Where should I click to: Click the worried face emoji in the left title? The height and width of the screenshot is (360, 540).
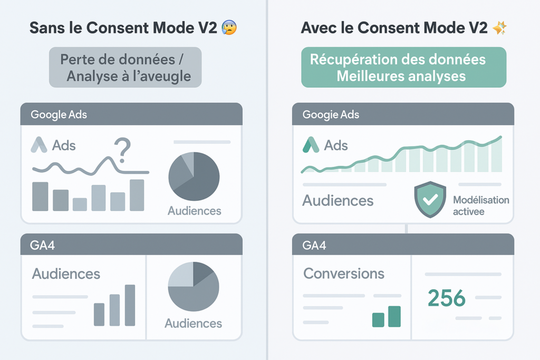click(x=229, y=27)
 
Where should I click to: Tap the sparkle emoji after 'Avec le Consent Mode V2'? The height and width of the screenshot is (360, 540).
click(x=500, y=28)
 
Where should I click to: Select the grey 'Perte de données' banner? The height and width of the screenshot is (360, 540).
click(x=126, y=67)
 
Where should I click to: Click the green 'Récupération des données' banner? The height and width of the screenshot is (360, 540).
click(x=403, y=67)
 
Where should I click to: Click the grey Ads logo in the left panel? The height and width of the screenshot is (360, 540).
click(x=39, y=145)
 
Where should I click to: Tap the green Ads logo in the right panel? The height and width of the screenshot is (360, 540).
click(x=311, y=145)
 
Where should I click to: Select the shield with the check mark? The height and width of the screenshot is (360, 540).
click(x=430, y=199)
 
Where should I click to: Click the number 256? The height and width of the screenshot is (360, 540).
click(x=447, y=298)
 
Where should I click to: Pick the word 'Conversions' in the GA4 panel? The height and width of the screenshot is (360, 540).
click(x=344, y=274)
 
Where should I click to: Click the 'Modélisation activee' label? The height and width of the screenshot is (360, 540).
click(x=481, y=206)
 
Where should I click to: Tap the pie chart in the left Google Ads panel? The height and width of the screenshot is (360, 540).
click(x=194, y=177)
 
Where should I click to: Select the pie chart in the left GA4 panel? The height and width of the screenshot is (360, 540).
click(x=193, y=287)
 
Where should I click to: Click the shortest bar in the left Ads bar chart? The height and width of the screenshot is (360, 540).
click(x=80, y=205)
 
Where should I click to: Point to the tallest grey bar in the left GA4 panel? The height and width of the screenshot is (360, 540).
click(x=130, y=305)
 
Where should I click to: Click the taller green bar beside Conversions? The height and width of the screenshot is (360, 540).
click(x=394, y=316)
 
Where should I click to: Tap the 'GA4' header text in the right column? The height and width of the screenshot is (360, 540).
click(x=314, y=246)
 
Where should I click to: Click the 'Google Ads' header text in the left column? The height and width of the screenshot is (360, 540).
click(x=59, y=114)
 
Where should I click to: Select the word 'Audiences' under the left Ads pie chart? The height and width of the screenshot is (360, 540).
click(x=194, y=211)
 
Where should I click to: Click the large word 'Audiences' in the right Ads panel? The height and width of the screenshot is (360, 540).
click(x=338, y=201)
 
